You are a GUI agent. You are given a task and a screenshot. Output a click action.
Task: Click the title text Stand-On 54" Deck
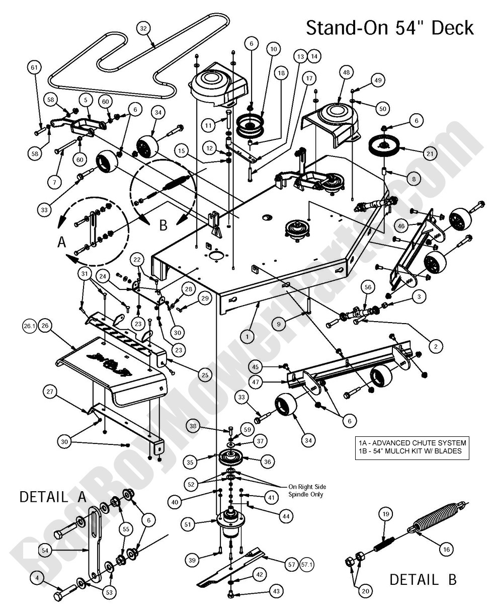[390, 28]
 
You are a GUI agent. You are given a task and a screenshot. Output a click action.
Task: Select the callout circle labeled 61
[34, 67]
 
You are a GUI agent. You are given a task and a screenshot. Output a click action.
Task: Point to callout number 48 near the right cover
[346, 72]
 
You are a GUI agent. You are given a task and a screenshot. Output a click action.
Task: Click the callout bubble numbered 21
[430, 153]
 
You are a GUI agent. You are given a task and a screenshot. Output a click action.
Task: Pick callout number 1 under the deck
[247, 335]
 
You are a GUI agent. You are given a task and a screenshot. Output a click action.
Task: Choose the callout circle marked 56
[368, 287]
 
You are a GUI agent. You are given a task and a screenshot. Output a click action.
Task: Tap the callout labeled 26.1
[28, 326]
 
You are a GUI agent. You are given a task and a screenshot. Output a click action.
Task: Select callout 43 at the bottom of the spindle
[276, 592]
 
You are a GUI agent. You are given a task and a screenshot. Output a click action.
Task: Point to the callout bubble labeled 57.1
[307, 565]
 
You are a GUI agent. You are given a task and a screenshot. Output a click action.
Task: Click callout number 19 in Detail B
[386, 514]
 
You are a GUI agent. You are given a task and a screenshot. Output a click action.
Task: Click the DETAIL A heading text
[53, 497]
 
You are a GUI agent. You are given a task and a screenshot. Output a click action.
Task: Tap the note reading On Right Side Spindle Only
[307, 490]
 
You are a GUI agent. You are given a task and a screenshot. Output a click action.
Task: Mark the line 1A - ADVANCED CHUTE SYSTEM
[412, 443]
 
